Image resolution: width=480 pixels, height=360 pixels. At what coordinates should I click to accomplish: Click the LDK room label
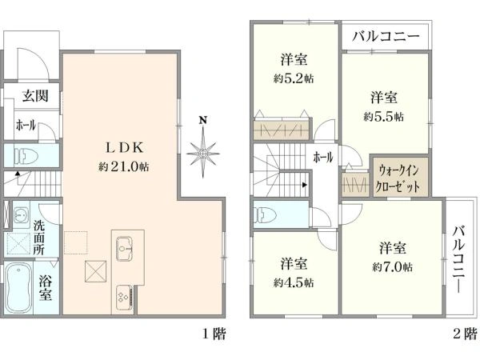pyautogui.click(x=124, y=148)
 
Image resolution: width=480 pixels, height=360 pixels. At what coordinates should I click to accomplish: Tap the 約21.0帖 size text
pyautogui.click(x=124, y=167)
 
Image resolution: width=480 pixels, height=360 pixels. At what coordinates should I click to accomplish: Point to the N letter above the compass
pyautogui.click(x=202, y=120)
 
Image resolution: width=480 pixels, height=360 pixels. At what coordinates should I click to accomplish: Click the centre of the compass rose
pyautogui.click(x=203, y=153)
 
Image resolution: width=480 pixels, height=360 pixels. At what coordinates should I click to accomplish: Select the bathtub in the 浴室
pyautogui.click(x=18, y=288)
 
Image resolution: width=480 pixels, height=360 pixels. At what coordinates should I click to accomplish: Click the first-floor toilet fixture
pyautogui.click(x=26, y=156)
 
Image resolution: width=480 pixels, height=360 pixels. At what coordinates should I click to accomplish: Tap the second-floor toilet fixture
pyautogui.click(x=266, y=214)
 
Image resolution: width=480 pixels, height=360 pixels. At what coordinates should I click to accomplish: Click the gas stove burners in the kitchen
pyautogui.click(x=124, y=296)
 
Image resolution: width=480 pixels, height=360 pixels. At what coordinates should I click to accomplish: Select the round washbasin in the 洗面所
pyautogui.click(x=21, y=214)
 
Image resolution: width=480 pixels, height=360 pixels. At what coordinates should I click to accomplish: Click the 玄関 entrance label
pyautogui.click(x=35, y=96)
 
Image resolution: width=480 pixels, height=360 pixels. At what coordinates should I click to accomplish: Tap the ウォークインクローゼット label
pyautogui.click(x=398, y=178)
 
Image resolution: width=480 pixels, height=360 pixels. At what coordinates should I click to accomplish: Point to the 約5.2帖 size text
pyautogui.click(x=294, y=78)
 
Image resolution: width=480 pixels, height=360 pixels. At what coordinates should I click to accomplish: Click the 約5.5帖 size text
pyautogui.click(x=384, y=117)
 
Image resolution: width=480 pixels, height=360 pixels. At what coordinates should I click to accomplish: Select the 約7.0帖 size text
pyautogui.click(x=393, y=267)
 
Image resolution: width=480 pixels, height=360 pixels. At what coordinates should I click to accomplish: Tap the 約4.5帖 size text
pyautogui.click(x=294, y=282)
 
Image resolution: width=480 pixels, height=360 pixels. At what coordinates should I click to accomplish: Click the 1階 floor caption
pyautogui.click(x=214, y=334)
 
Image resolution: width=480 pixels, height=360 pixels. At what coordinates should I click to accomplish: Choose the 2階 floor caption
pyautogui.click(x=465, y=334)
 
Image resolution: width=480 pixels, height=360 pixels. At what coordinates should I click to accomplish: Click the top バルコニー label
pyautogui.click(x=386, y=37)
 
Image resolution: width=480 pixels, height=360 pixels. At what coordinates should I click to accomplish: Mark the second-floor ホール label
pyautogui.click(x=322, y=158)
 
